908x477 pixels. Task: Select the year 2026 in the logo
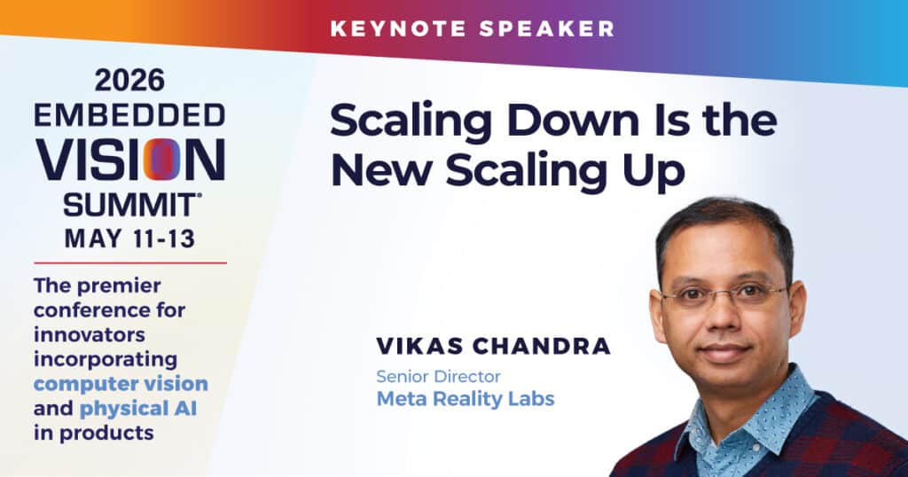click(x=129, y=80)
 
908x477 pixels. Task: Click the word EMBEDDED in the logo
click(x=129, y=116)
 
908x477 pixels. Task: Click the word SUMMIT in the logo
click(x=129, y=205)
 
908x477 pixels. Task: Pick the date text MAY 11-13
click(x=129, y=238)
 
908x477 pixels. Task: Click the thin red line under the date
click(x=130, y=262)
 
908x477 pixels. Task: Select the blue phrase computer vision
click(x=121, y=384)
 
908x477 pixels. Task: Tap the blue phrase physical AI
click(x=138, y=409)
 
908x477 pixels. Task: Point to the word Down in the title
click(x=573, y=121)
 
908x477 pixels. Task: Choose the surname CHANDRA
click(x=542, y=346)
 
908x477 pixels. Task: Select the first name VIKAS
click(x=419, y=346)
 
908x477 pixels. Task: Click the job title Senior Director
click(x=438, y=377)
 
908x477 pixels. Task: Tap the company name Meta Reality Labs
click(x=466, y=399)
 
